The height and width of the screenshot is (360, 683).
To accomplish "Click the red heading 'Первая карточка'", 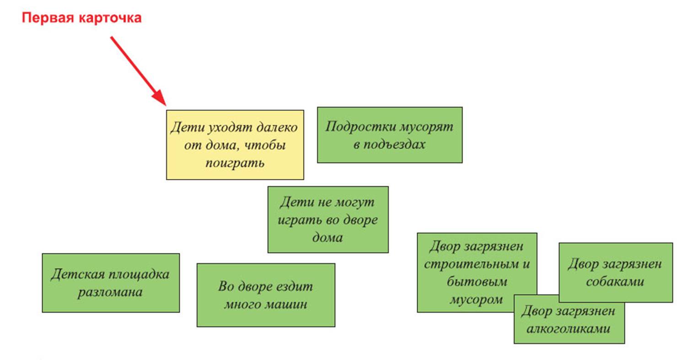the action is pyautogui.click(x=82, y=18).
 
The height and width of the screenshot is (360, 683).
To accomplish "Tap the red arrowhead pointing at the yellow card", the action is pyautogui.click(x=160, y=97).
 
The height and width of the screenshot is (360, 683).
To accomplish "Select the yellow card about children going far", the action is pyautogui.click(x=235, y=145).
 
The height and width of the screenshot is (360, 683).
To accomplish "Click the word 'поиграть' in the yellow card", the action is pyautogui.click(x=235, y=163).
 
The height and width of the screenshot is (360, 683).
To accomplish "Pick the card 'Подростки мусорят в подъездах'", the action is pyautogui.click(x=390, y=135).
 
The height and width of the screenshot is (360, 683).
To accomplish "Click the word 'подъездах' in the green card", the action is pyautogui.click(x=389, y=145).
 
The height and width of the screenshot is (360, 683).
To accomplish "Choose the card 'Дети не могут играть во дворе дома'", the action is pyautogui.click(x=328, y=220).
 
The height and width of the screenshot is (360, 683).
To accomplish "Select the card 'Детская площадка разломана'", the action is pyautogui.click(x=111, y=283).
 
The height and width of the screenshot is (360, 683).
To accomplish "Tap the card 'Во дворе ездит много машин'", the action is pyautogui.click(x=266, y=295).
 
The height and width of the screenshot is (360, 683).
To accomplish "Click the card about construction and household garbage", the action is pyautogui.click(x=477, y=273).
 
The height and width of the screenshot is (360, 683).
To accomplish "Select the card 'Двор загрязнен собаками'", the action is pyautogui.click(x=616, y=273).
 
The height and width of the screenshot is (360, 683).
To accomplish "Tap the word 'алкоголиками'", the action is pyautogui.click(x=568, y=329).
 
